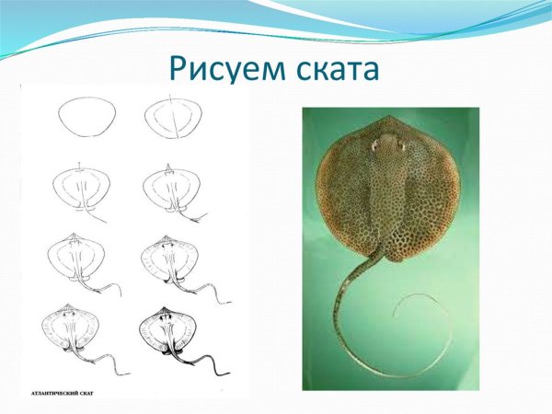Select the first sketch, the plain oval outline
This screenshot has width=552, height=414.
[x=86, y=119]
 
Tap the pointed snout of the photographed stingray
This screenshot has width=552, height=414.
[x=389, y=119]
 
